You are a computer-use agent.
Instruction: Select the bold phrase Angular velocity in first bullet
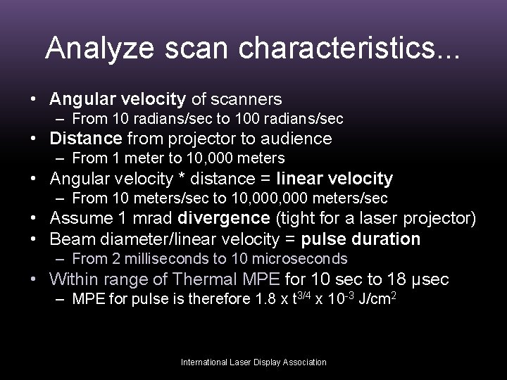point(116,99)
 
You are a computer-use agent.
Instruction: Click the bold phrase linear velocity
point(335,179)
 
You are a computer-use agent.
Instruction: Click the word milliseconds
point(157,258)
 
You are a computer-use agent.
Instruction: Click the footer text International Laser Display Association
point(254,362)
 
